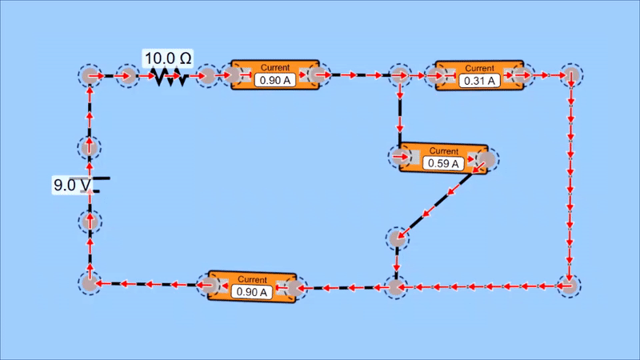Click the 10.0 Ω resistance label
coord(167,58)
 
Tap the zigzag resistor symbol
coord(167,78)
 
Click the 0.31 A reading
coord(479,80)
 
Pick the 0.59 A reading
coord(442,163)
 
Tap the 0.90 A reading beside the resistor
coord(274,80)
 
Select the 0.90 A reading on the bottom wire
coord(252,291)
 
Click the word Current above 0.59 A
coord(442,150)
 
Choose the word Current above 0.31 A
coord(479,68)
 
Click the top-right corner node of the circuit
coord(570,76)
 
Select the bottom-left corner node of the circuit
coord(90,283)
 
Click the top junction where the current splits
coord(398,76)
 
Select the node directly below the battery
coord(90,221)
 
